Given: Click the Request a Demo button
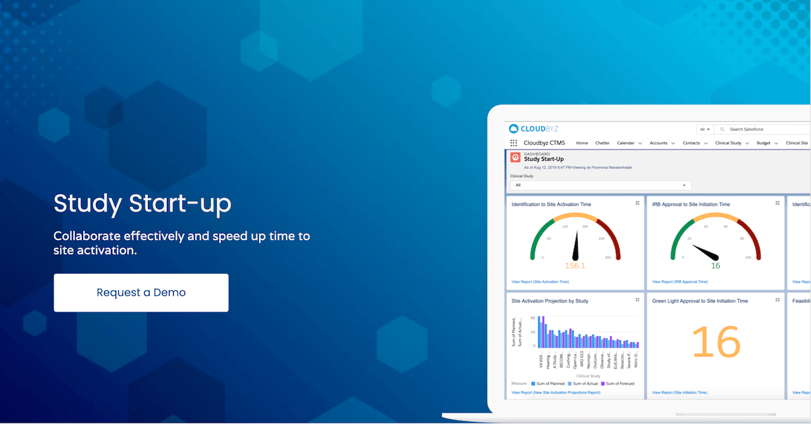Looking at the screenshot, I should click(x=141, y=293).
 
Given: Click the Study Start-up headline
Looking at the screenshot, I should click(x=142, y=204).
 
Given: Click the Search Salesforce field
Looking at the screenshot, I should click(x=764, y=128).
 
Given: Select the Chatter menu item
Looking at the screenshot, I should click(x=602, y=143).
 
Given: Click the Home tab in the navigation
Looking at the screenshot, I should click(x=582, y=143).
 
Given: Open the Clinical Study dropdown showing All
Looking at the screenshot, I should click(x=600, y=185).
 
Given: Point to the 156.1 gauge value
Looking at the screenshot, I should click(x=575, y=266).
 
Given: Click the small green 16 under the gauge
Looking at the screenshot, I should click(x=715, y=266).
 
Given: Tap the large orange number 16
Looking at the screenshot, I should click(x=716, y=341).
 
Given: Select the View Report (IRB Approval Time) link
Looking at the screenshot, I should click(x=680, y=281).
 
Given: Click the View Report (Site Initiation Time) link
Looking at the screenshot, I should click(x=679, y=392).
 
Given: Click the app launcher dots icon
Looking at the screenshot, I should click(x=514, y=143).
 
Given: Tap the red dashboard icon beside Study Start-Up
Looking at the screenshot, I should click(x=515, y=157).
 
